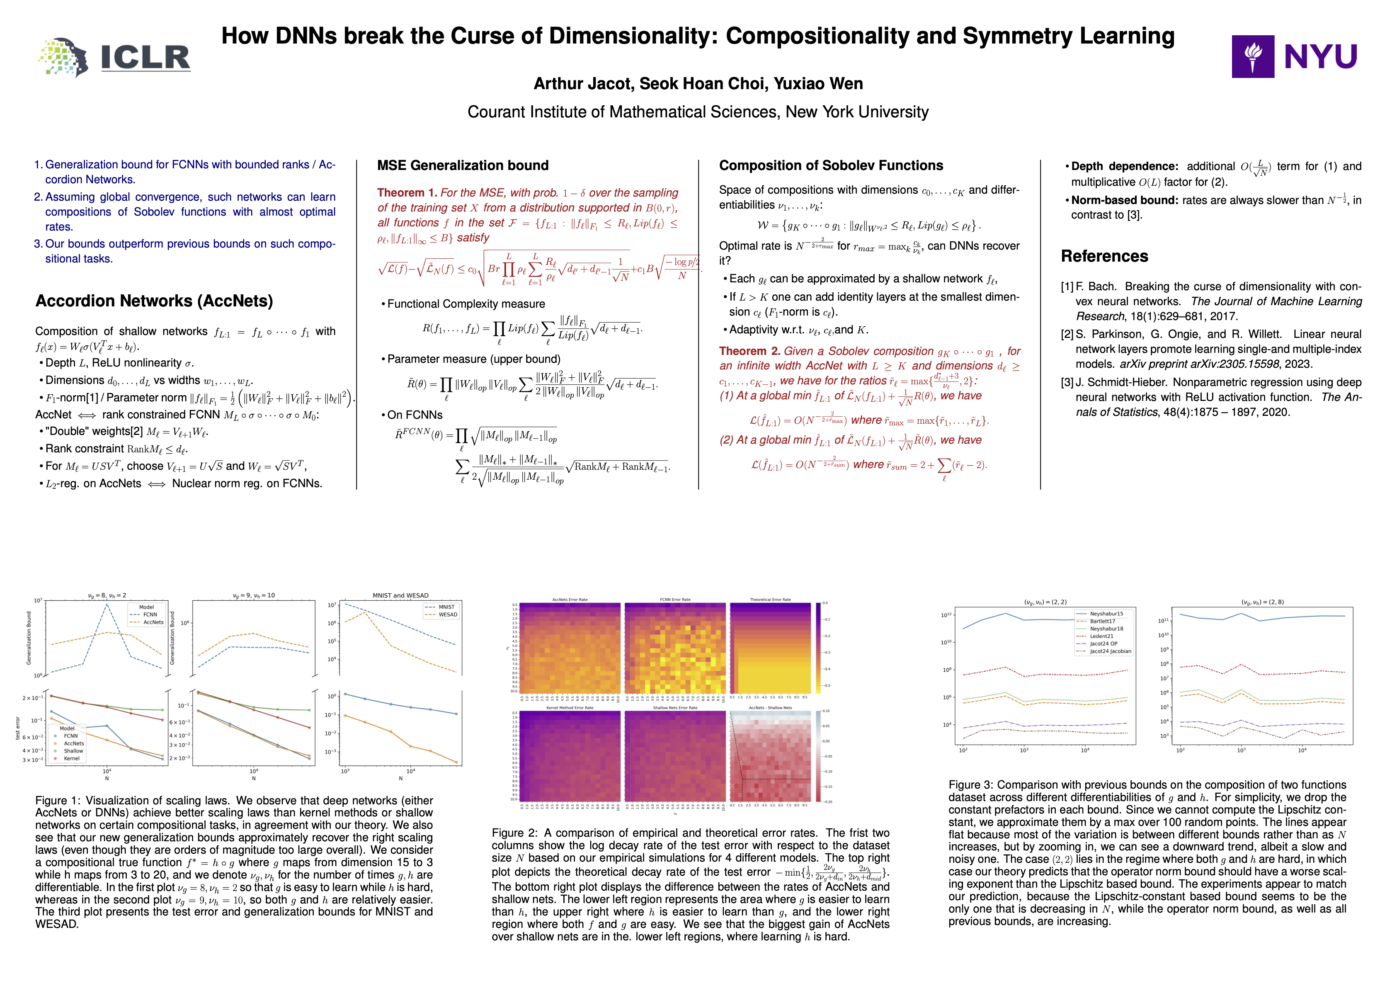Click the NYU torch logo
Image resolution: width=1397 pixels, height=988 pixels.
(1252, 56)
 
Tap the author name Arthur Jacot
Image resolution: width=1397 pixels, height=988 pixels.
(583, 84)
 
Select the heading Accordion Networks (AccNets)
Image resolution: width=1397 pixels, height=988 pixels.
(154, 301)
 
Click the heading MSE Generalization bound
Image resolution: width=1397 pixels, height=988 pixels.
(463, 165)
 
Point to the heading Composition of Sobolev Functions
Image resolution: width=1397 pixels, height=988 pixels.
(831, 165)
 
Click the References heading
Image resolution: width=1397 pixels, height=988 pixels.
(1104, 256)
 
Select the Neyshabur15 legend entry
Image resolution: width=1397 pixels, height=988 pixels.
(1106, 614)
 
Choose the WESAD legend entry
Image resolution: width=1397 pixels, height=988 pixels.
(448, 614)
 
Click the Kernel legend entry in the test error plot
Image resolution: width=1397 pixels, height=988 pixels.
(71, 758)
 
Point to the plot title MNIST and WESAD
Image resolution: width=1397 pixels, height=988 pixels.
(400, 596)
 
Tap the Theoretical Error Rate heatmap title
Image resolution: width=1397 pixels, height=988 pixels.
(770, 600)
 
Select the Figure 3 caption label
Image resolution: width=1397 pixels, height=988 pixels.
(971, 785)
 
